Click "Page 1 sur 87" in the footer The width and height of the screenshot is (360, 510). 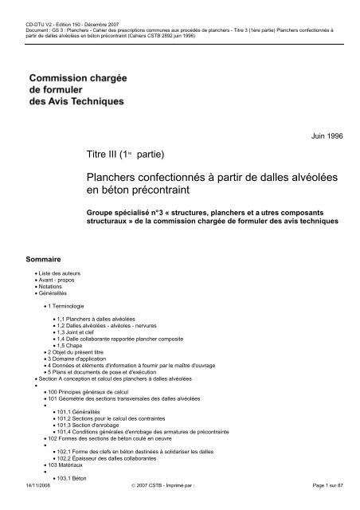tap(328, 504)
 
